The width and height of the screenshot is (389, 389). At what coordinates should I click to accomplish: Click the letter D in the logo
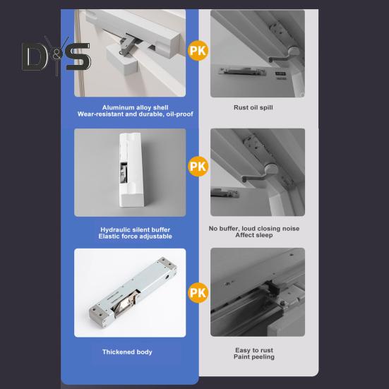[34, 56]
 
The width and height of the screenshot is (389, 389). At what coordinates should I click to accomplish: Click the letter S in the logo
[78, 56]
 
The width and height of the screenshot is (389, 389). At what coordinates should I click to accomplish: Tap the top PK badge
[198, 51]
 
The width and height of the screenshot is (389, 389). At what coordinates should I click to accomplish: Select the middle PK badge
[198, 166]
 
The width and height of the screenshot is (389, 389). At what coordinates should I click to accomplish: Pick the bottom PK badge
[198, 293]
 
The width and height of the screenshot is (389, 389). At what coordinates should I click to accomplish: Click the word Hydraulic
[115, 229]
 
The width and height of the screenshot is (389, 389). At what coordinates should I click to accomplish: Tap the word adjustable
[156, 237]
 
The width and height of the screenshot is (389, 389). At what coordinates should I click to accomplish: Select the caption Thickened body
[127, 352]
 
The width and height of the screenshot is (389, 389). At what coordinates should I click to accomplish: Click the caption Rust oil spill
[253, 107]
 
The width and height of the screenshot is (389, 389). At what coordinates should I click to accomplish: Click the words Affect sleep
[254, 235]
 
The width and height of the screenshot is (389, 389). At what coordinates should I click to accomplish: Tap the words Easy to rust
[254, 350]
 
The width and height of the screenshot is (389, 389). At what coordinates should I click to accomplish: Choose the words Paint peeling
[254, 357]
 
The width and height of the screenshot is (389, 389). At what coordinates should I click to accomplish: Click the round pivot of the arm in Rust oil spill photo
[294, 52]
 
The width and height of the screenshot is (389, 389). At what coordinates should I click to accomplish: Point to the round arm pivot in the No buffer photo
[271, 169]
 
